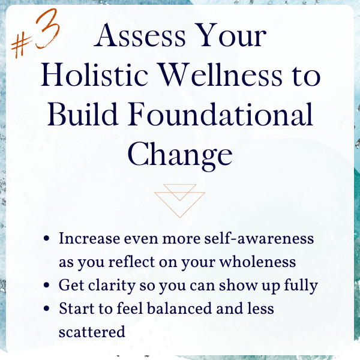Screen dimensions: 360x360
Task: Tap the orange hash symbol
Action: coord(22,46)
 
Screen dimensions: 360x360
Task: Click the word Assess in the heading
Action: coord(140,35)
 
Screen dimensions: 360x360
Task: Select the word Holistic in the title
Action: coord(94,75)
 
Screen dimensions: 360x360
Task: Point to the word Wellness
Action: coord(220,75)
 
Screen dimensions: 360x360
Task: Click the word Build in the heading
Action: coord(83,114)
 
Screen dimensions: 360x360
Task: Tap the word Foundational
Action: coord(220,114)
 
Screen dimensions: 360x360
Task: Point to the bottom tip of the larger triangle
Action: coord(180,217)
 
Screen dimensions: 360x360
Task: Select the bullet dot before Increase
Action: coord(46,239)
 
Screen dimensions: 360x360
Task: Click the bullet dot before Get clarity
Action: coord(46,285)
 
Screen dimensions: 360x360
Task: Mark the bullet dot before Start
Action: coord(46,308)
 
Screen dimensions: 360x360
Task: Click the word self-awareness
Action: coord(259,238)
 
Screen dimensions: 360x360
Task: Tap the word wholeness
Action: coord(257,262)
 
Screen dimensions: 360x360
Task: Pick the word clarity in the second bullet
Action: coord(112,286)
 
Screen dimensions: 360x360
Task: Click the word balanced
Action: coord(179,308)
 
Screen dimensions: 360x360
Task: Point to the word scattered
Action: coord(92,332)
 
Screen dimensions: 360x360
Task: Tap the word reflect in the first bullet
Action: coord(131,262)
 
